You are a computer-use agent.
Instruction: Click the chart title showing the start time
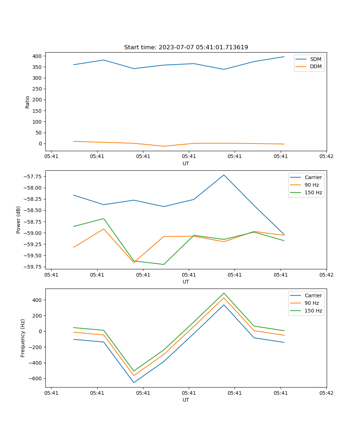pyautogui.click(x=186, y=47)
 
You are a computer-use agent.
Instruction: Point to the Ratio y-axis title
pyautogui.click(x=28, y=102)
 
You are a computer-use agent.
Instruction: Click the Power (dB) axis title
pyautogui.click(x=18, y=220)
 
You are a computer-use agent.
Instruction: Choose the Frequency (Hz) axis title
pyautogui.click(x=23, y=338)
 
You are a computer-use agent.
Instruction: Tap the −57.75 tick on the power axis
pyautogui.click(x=33, y=177)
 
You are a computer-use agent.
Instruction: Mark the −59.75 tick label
pyautogui.click(x=33, y=267)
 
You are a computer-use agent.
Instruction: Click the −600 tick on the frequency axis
pyautogui.click(x=35, y=378)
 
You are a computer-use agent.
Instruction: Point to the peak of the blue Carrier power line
pyautogui.click(x=224, y=175)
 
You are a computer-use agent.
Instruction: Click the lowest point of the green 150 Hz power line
pyautogui.click(x=164, y=264)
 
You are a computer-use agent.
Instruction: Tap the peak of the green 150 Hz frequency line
pyautogui.click(x=224, y=293)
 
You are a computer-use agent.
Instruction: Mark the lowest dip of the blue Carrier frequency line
pyautogui.click(x=134, y=382)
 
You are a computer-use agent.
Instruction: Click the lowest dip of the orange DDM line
pyautogui.click(x=164, y=146)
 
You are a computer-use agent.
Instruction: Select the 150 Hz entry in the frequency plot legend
pyautogui.click(x=313, y=311)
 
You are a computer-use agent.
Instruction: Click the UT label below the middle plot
pyautogui.click(x=186, y=282)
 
